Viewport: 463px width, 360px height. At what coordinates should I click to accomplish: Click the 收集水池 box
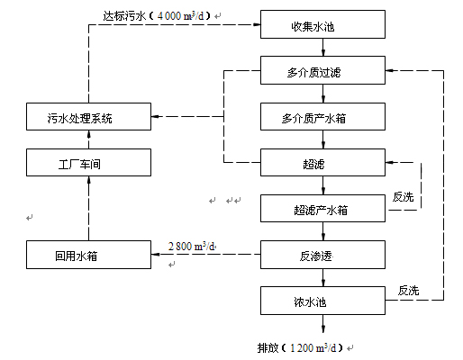[322, 24]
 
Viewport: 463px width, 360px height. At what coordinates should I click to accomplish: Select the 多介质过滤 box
[322, 70]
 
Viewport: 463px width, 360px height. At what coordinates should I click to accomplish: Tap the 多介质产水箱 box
[322, 117]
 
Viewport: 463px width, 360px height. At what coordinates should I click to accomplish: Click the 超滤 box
[322, 162]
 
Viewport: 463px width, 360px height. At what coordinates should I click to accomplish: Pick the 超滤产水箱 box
[322, 209]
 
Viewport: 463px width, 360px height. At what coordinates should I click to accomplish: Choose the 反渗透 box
[322, 255]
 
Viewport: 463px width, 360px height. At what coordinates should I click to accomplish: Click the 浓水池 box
[322, 301]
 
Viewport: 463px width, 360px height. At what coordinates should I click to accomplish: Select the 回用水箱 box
[88, 255]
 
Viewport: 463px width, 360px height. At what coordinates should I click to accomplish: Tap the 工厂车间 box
[88, 162]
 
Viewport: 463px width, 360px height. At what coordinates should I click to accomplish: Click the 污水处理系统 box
[88, 117]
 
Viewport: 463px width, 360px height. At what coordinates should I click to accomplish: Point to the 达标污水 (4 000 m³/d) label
[157, 15]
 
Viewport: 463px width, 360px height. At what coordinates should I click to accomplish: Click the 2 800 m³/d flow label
[192, 247]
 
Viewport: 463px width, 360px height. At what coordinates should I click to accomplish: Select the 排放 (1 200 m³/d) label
[300, 348]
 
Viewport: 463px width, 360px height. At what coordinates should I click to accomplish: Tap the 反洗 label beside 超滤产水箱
[403, 197]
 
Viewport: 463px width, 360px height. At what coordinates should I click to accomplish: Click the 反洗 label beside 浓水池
[408, 291]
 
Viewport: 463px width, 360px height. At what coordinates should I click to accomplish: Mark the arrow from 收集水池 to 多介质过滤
[323, 48]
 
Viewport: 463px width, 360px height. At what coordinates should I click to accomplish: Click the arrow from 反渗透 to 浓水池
[323, 278]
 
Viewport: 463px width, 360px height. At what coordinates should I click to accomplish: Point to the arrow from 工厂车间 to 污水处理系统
[88, 139]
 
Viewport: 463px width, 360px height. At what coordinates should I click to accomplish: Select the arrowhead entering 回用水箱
[156, 255]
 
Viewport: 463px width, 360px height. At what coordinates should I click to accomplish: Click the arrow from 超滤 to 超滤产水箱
[323, 185]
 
